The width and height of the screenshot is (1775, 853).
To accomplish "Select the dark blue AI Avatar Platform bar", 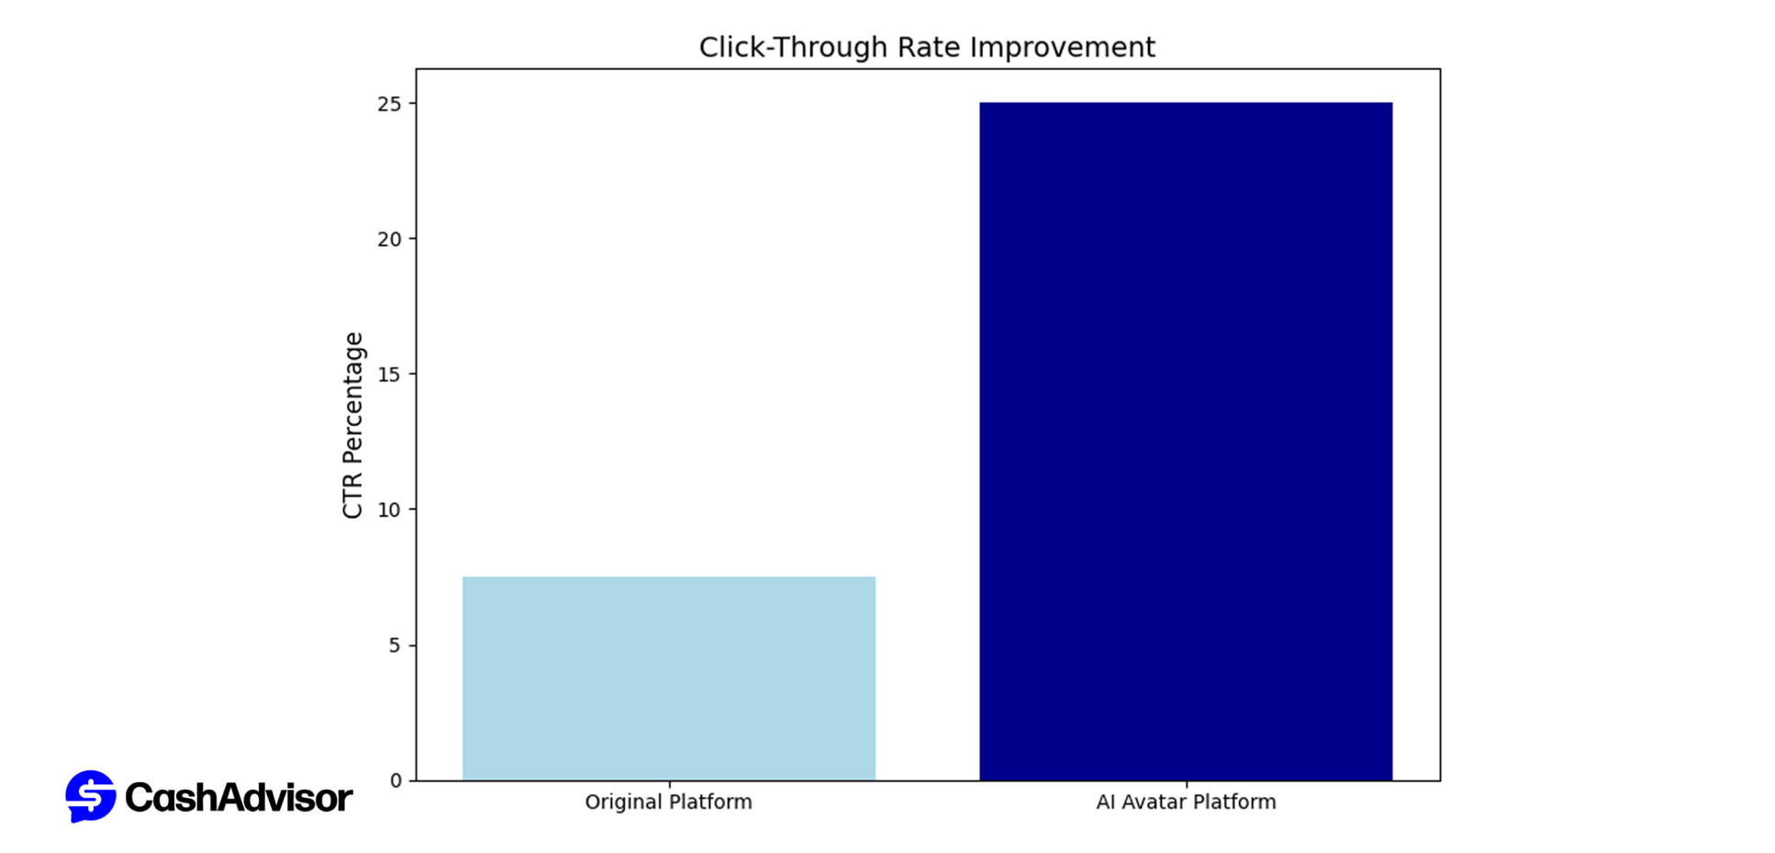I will point(1185,441).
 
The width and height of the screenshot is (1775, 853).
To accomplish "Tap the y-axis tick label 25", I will point(389,104).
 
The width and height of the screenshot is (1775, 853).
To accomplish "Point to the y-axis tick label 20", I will point(389,240).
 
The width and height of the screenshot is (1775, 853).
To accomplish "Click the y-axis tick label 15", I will point(389,375).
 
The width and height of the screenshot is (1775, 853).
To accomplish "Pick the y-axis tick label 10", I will point(389,511).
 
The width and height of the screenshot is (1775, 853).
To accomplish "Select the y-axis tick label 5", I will point(395,645).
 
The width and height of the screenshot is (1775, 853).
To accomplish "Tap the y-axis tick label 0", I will point(396,780).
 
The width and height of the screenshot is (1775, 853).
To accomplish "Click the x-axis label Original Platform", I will point(668,802).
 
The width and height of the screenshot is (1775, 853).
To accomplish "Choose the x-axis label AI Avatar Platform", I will point(1185,802).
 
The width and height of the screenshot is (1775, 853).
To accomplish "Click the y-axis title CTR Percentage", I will point(353,425).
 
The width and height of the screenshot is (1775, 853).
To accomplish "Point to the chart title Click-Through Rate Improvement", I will point(926,47).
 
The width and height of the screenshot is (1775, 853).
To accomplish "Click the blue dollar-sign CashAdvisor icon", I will point(90,796).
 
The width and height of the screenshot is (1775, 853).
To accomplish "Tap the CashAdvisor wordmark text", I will point(238,798).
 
